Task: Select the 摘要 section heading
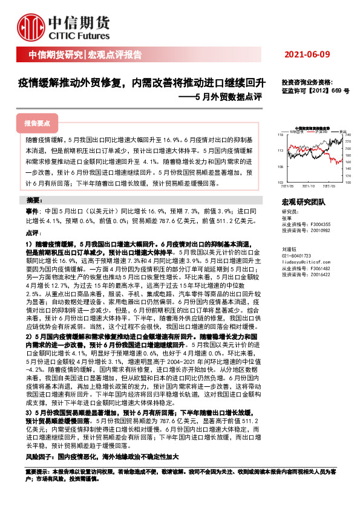pyautogui.click(x=34, y=199)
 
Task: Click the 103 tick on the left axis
pyautogui.click(x=281, y=181)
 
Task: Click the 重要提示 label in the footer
pyautogui.click(x=36, y=469)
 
